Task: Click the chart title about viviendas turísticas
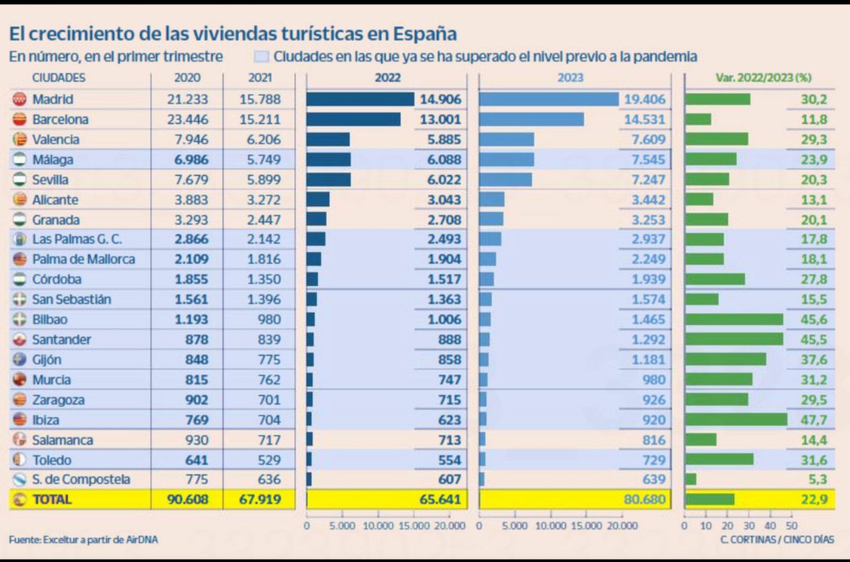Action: click(x=232, y=33)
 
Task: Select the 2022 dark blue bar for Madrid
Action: click(x=360, y=100)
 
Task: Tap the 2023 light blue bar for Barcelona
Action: click(x=531, y=120)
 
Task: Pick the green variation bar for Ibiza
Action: click(x=736, y=420)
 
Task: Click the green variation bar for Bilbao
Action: click(x=734, y=319)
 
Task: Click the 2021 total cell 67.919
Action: click(x=259, y=499)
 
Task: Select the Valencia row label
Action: click(x=56, y=140)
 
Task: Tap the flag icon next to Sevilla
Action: click(x=20, y=180)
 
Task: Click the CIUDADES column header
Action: click(x=59, y=78)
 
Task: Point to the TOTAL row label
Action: click(x=52, y=499)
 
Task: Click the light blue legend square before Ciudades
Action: click(x=261, y=57)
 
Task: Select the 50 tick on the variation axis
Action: click(x=791, y=527)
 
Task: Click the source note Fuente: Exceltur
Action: click(x=83, y=540)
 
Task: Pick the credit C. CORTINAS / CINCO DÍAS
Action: click(x=777, y=540)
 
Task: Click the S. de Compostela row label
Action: click(x=81, y=479)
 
